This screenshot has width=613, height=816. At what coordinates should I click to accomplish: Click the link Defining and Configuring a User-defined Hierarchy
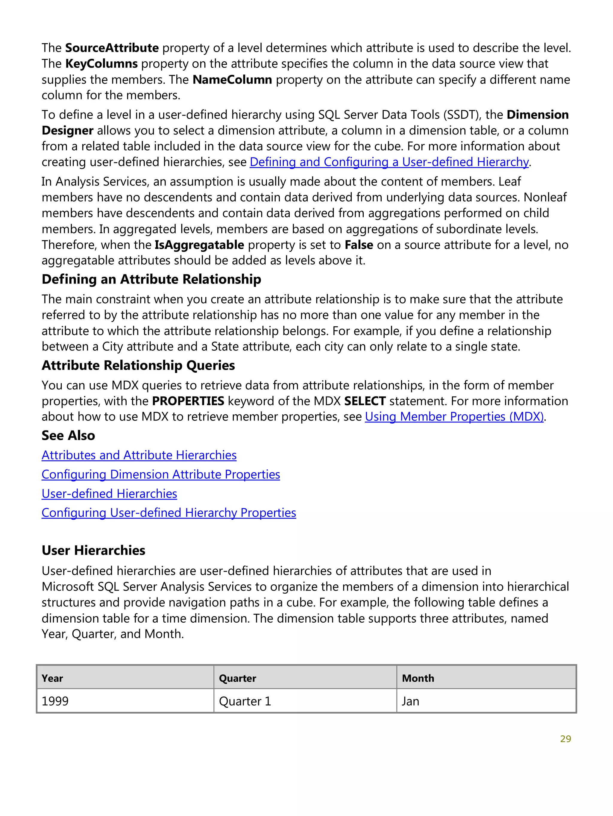click(389, 162)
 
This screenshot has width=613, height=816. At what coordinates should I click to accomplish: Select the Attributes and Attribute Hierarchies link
click(139, 455)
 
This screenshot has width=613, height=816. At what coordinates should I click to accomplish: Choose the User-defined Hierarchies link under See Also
click(109, 494)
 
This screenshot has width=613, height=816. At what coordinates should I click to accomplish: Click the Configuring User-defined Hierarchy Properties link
click(169, 513)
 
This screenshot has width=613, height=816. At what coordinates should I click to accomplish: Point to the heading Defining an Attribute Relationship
click(151, 279)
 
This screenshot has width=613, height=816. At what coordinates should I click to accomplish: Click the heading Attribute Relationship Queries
click(138, 365)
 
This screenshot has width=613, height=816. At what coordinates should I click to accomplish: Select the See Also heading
click(68, 436)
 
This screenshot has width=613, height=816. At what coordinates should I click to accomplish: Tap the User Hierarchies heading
click(93, 550)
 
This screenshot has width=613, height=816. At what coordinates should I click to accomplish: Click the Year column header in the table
click(52, 678)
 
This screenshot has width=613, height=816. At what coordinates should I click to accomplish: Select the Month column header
click(418, 678)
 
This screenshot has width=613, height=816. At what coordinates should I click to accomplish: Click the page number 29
click(565, 738)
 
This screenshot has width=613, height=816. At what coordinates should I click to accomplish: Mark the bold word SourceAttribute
click(112, 48)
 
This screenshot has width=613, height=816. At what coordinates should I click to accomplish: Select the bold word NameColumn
click(232, 80)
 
